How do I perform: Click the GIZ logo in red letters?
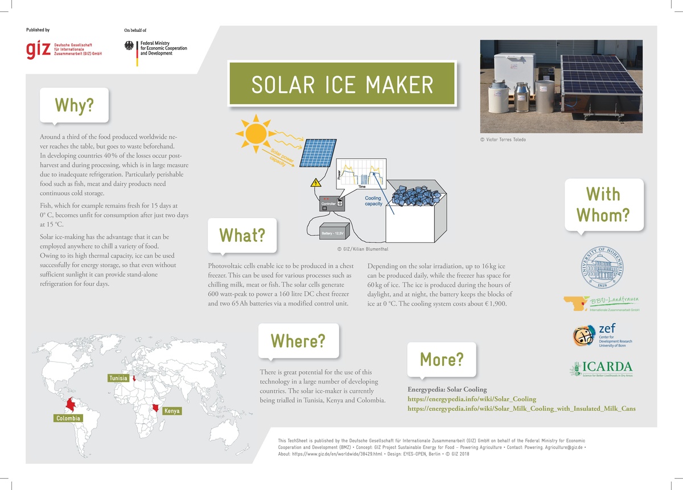click(x=38, y=49)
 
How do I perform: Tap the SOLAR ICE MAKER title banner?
click(x=342, y=84)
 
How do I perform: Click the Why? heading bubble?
click(x=73, y=105)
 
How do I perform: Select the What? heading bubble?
click(x=242, y=235)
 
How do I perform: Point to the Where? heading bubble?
click(x=298, y=340)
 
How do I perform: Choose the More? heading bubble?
click(x=441, y=360)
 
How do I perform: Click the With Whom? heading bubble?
click(x=603, y=205)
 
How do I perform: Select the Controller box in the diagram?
click(x=328, y=203)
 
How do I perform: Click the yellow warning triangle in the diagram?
click(x=314, y=183)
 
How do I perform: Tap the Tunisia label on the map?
click(x=118, y=378)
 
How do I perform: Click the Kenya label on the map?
click(x=171, y=411)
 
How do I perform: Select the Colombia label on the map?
click(x=68, y=418)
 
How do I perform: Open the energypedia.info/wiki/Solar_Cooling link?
click(x=472, y=399)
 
